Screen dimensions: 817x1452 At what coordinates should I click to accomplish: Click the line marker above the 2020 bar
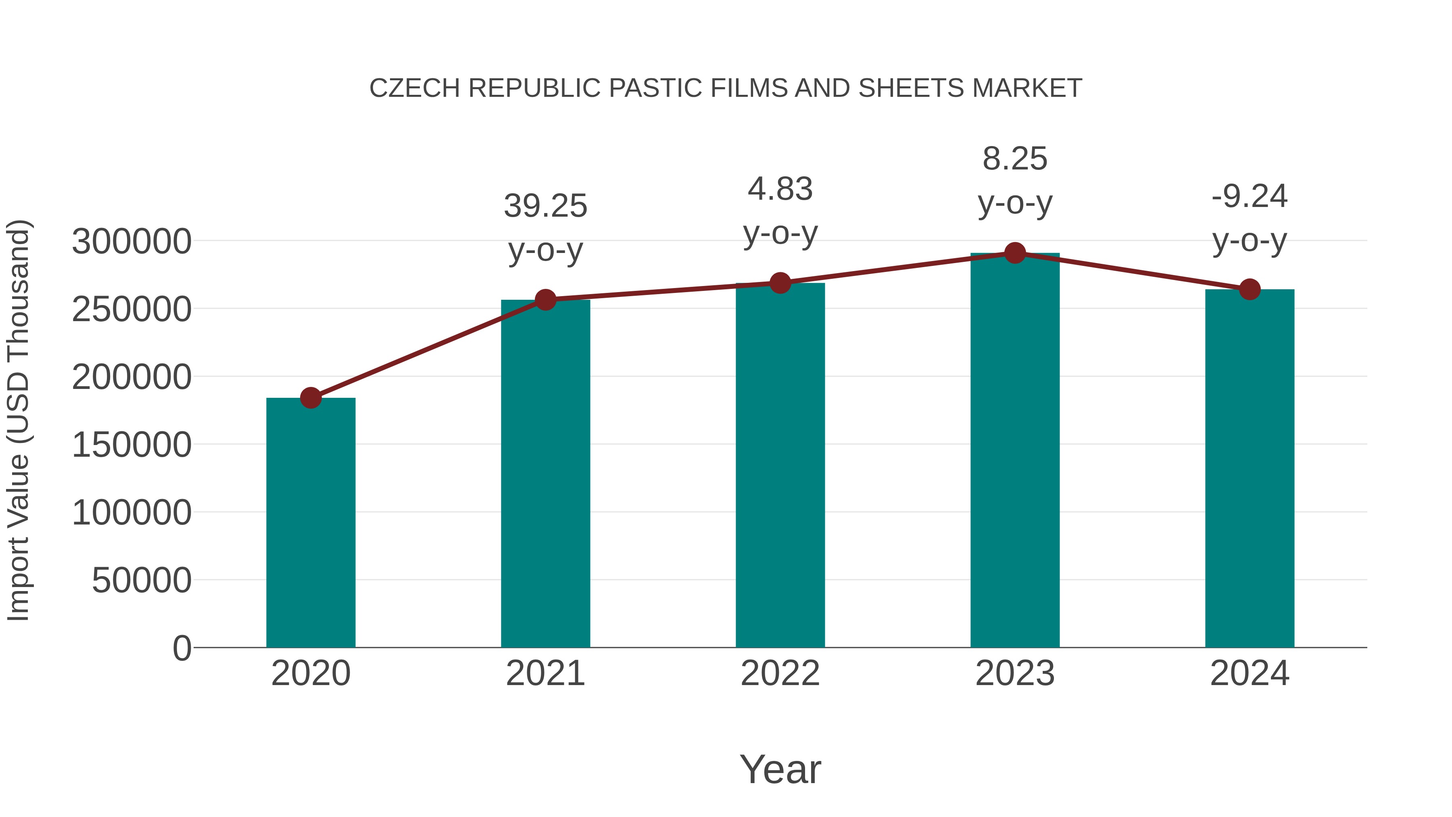coord(311,397)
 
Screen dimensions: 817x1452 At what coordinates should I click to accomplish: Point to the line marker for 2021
coord(546,299)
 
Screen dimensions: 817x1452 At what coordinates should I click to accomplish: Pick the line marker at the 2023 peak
coord(1015,253)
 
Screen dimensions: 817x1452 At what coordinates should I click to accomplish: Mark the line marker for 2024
coord(1250,289)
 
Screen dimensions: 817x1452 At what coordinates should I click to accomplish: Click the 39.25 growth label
coord(546,206)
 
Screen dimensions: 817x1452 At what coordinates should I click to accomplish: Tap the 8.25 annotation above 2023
coord(1015,159)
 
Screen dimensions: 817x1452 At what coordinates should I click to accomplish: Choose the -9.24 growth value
coord(1250,197)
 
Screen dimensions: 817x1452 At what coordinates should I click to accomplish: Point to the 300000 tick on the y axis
coord(132,242)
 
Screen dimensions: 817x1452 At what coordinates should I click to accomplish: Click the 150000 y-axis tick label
coord(132,445)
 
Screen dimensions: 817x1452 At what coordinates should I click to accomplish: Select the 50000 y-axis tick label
coord(142,580)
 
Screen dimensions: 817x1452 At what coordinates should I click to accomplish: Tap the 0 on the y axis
coord(182,648)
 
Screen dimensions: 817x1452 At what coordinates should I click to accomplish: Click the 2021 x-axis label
coord(546,673)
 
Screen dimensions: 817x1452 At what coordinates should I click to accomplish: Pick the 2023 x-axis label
coord(1015,673)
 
